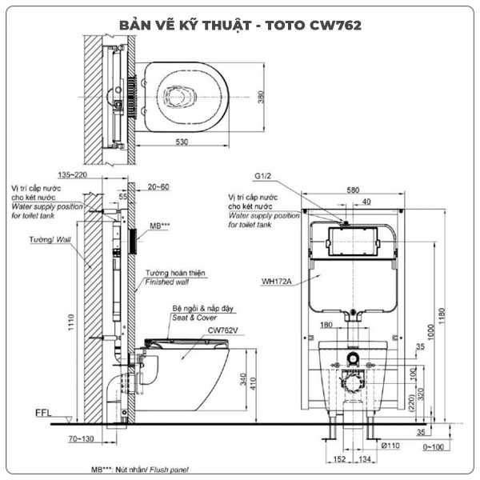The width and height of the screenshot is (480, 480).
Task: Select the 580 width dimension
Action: click(x=353, y=190)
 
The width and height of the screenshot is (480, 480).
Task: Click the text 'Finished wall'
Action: click(x=166, y=282)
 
